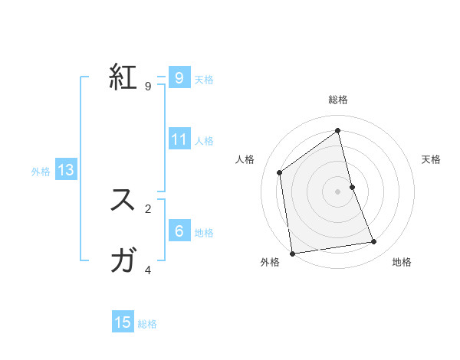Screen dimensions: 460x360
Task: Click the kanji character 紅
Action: (x=123, y=78)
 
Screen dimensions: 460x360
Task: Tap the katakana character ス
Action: (x=123, y=200)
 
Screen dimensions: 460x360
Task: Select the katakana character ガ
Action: (x=123, y=261)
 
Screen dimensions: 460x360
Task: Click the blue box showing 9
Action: (x=179, y=77)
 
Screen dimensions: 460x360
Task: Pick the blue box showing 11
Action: (x=179, y=139)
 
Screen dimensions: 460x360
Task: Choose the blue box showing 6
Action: (x=179, y=231)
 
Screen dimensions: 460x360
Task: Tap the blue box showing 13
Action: (x=66, y=170)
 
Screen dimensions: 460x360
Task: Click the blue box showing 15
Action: (x=123, y=322)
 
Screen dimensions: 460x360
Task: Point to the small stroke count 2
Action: (x=148, y=208)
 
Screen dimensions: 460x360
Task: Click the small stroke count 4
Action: (x=148, y=270)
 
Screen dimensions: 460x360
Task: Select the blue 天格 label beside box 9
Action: (x=204, y=79)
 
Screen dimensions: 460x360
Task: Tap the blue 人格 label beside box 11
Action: (x=204, y=141)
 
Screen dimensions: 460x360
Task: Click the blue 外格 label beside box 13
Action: (x=41, y=172)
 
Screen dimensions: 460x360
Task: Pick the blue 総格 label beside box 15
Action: (x=147, y=324)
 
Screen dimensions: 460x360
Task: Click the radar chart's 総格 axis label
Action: (x=338, y=100)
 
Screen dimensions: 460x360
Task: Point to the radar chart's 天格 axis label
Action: (x=432, y=159)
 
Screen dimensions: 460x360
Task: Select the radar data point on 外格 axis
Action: (x=292, y=253)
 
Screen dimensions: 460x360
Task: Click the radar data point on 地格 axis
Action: (x=374, y=242)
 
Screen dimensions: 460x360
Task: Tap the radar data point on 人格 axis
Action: (x=280, y=172)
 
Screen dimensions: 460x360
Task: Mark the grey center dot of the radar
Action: (x=338, y=191)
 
